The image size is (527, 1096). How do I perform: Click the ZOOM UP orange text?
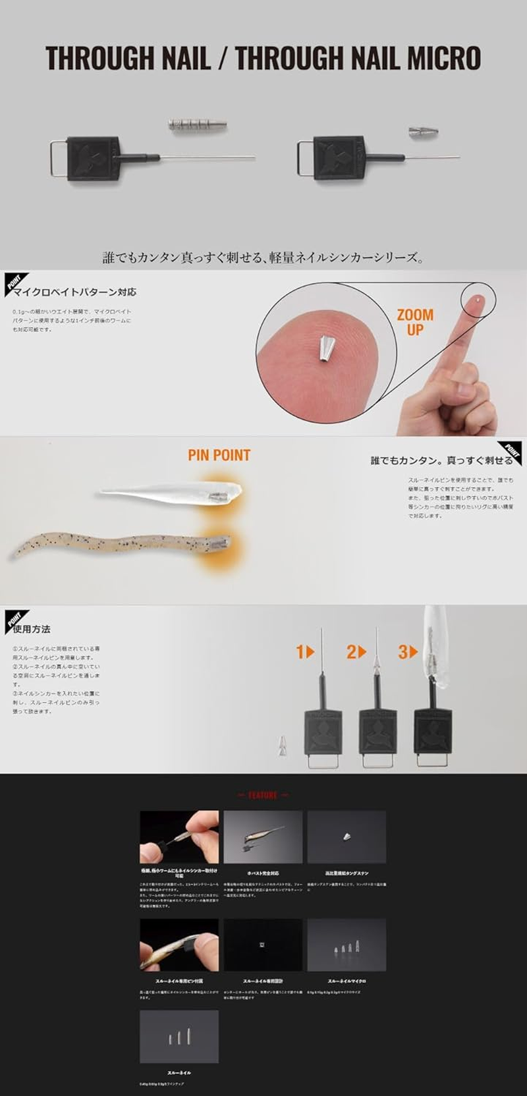415,322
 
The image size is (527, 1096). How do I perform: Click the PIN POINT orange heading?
219,455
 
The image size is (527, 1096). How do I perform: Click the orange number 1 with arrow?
304,652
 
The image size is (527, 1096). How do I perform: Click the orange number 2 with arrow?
356,652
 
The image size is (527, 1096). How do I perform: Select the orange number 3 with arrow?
407,652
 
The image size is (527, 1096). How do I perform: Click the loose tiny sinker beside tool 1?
283,746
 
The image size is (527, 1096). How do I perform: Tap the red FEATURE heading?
263,795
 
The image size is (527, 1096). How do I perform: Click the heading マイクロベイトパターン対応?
74,292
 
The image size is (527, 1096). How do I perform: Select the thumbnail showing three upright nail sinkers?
179,1037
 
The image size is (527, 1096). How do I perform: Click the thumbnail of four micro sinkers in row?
346,945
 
